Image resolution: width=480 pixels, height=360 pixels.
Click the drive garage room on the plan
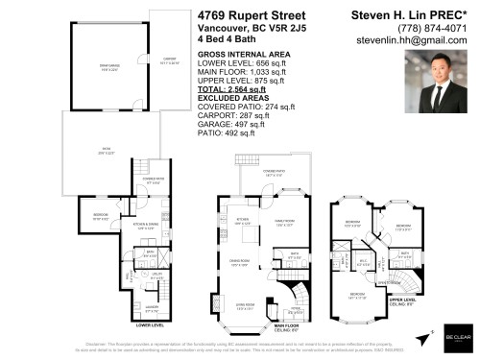99,70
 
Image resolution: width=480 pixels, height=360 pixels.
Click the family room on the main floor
284,219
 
